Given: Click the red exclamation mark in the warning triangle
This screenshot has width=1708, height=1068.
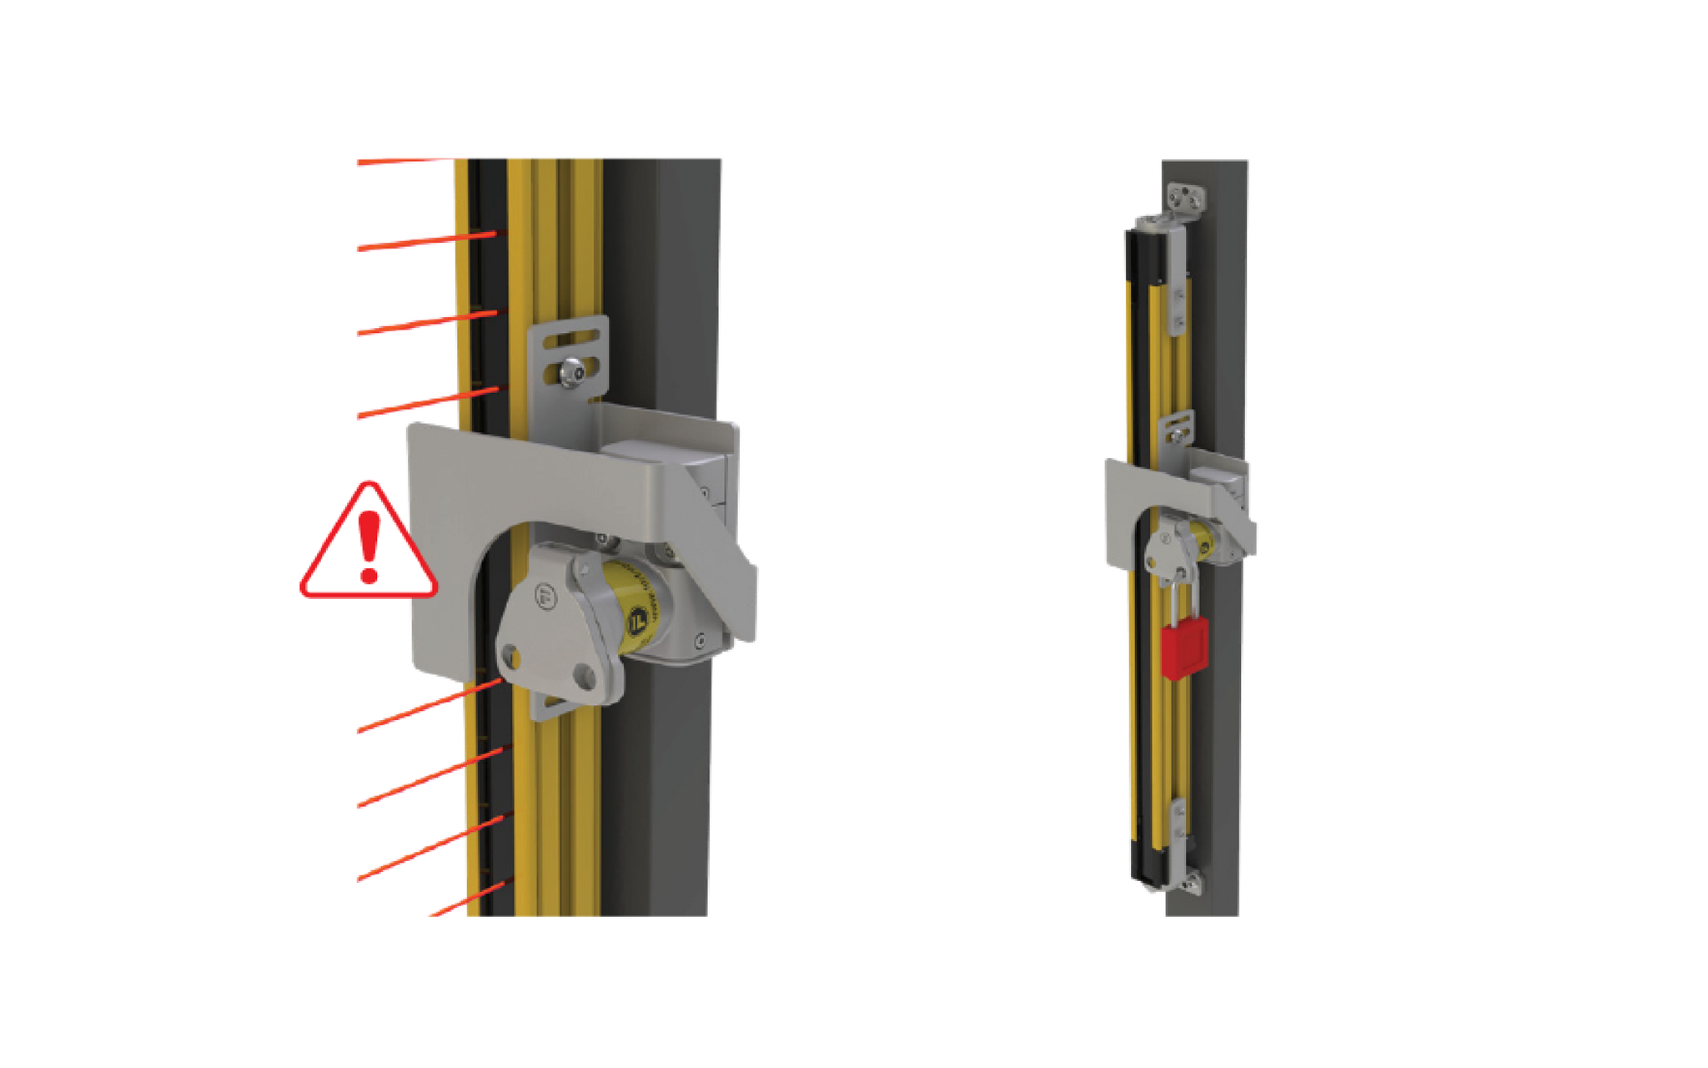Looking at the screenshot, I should click(x=369, y=547).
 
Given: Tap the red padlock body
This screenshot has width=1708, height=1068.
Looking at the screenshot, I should click(x=1184, y=650).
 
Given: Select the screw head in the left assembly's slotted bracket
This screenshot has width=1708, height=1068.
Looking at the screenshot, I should click(x=572, y=372).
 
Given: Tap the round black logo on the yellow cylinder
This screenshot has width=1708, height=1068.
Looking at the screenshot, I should click(x=638, y=620).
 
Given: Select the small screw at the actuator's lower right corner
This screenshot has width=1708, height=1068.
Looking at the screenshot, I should click(x=701, y=641).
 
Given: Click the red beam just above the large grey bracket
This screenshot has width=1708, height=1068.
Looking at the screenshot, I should click(x=430, y=401).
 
